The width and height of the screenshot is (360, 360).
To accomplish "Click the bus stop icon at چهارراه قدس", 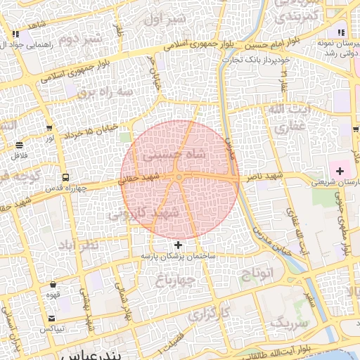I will [x=65, y=176].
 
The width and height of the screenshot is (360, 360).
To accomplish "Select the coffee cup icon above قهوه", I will [x=53, y=285].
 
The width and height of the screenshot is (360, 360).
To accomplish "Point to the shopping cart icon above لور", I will [x=49, y=128].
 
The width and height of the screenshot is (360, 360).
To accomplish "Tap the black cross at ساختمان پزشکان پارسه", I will [x=178, y=245].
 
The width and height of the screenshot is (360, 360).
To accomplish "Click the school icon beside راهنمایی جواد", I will [x=15, y=34].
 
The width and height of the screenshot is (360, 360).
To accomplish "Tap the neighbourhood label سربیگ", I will [x=290, y=324].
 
